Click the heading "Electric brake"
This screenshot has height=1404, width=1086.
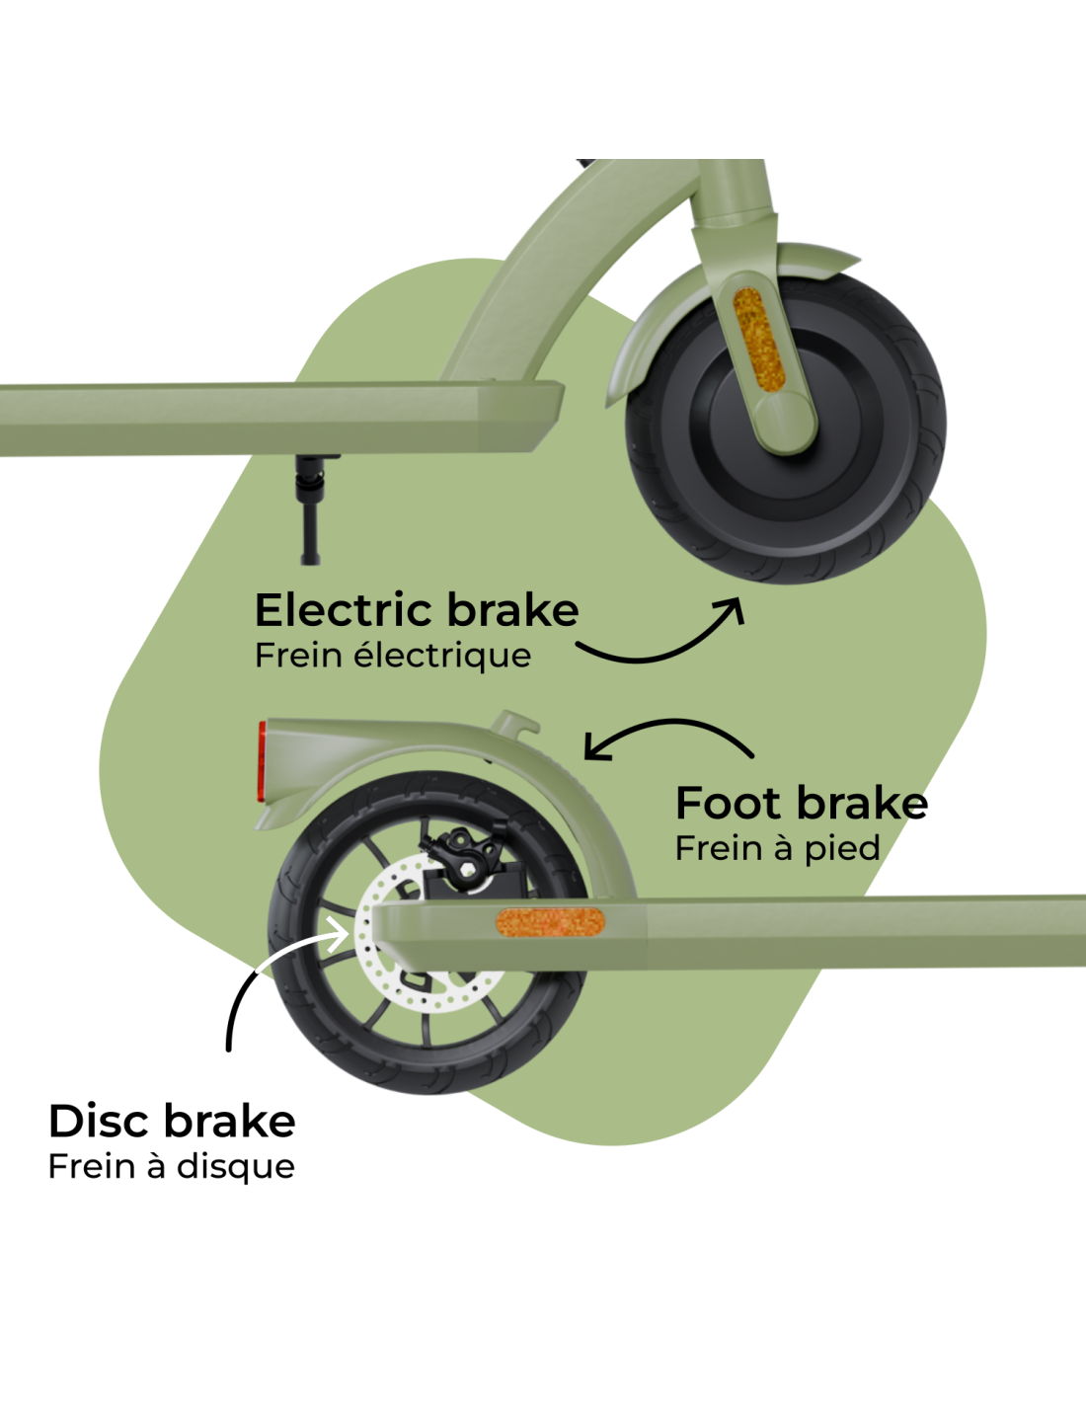pos(417,609)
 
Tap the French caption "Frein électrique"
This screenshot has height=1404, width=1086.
pos(393,657)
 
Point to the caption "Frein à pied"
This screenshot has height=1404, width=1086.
pos(777,849)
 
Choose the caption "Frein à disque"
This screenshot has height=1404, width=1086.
pos(171,1167)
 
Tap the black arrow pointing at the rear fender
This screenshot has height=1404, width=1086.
pos(672,721)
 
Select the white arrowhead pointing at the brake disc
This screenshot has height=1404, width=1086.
pos(338,934)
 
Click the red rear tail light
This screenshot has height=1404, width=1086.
pos(262,762)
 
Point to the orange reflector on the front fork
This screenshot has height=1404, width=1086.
pos(758,339)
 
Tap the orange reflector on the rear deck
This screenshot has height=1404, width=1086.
pos(550,921)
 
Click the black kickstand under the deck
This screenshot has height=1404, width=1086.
pos(310,509)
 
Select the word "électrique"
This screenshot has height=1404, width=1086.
pos(443,657)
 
